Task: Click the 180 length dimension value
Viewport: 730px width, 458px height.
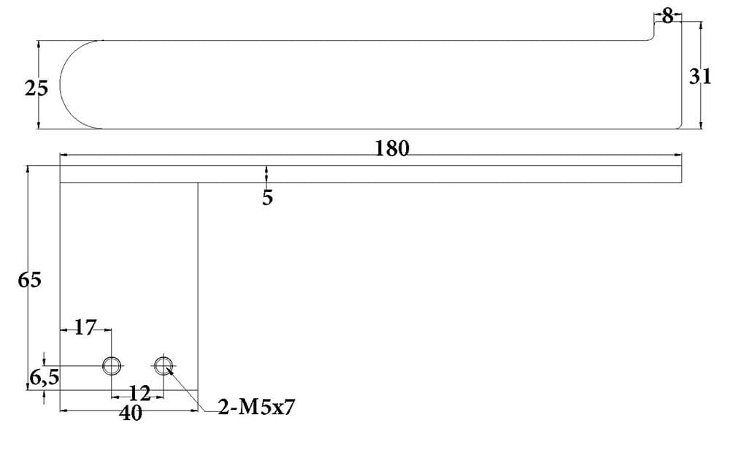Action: tap(392, 148)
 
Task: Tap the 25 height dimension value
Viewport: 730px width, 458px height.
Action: tap(36, 88)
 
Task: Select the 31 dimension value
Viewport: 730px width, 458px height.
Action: tap(700, 77)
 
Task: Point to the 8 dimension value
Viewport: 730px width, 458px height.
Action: tap(668, 17)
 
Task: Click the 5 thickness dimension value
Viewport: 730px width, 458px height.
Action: tap(267, 198)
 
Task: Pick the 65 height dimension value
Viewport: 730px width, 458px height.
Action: tap(29, 280)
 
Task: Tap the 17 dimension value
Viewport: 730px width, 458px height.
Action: tap(85, 328)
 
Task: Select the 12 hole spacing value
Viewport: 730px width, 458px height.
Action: tap(139, 394)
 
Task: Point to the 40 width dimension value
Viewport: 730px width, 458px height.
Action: tap(131, 413)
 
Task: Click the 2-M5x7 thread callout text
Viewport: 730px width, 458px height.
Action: tap(256, 408)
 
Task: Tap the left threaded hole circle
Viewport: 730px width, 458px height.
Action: tap(112, 357)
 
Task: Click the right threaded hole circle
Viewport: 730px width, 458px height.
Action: tap(164, 357)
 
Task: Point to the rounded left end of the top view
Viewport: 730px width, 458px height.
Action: tap(61, 85)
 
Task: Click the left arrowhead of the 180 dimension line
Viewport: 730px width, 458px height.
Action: tap(64, 155)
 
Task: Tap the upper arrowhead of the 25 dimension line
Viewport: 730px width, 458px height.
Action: tap(38, 45)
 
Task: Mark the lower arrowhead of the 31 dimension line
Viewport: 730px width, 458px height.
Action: tap(701, 124)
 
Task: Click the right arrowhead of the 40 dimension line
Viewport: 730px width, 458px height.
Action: tap(195, 411)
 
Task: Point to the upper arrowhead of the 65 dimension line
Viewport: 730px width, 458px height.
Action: tap(28, 169)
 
